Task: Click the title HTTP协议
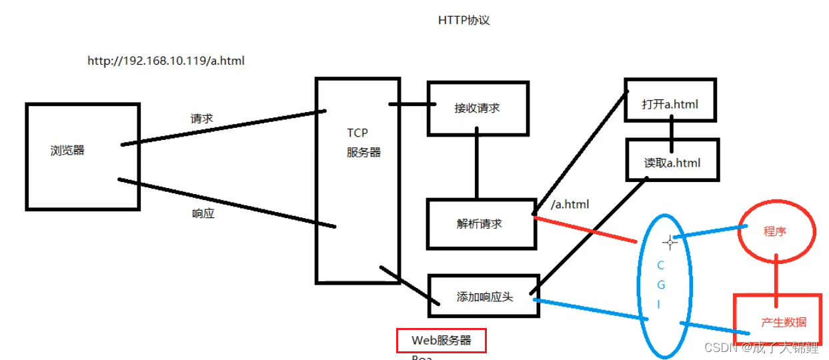464,21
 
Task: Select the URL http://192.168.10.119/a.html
166,61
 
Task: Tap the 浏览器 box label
67,150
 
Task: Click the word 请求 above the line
201,119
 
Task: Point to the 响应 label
203,214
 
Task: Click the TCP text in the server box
357,133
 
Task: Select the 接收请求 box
478,108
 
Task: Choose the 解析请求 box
480,223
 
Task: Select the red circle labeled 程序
776,231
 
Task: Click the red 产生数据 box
784,322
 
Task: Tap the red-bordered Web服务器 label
441,340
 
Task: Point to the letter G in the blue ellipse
661,285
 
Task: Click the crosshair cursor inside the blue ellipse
670,242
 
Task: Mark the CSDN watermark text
761,347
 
